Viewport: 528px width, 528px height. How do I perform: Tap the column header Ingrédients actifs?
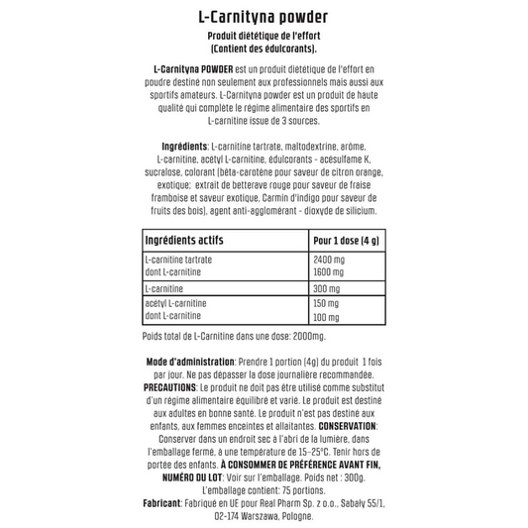(184, 241)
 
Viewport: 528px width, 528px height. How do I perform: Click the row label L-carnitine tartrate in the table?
(178, 260)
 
